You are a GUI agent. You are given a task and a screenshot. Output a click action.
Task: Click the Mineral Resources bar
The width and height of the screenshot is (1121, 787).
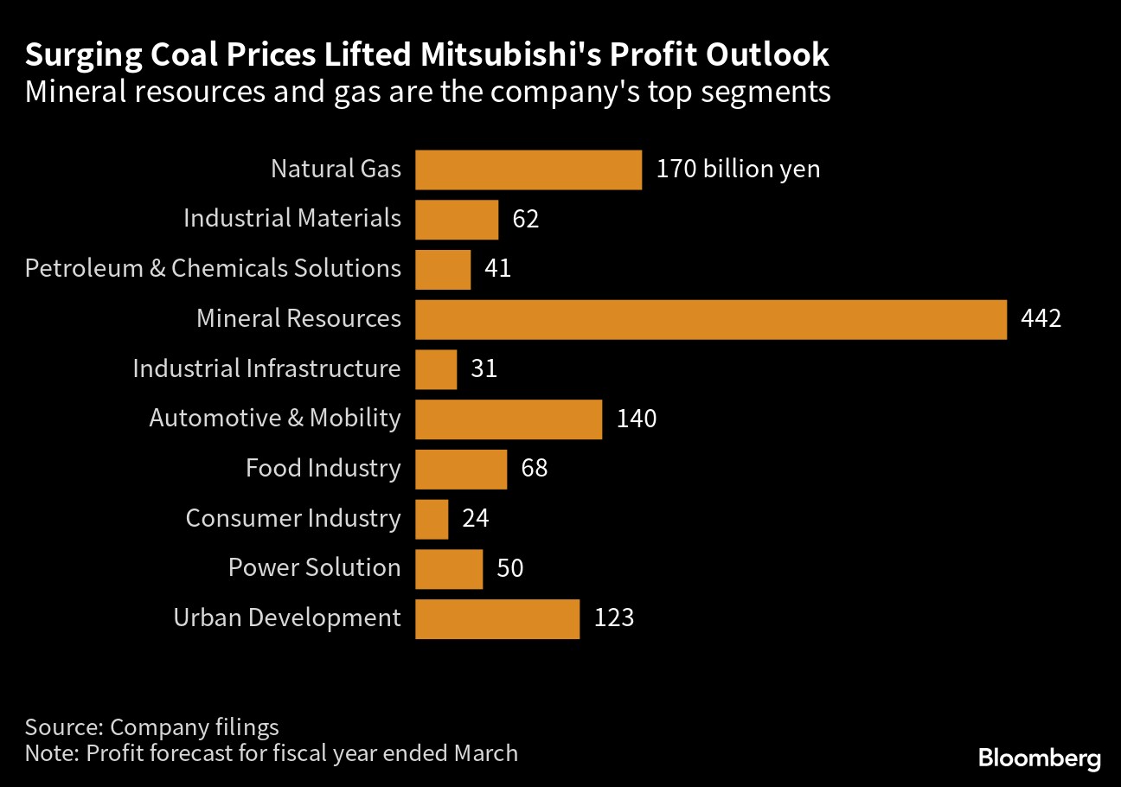click(x=710, y=319)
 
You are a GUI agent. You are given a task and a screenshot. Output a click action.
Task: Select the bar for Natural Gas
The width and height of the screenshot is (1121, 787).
click(x=528, y=170)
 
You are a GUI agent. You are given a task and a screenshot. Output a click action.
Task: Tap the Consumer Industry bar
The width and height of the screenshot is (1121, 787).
click(x=432, y=519)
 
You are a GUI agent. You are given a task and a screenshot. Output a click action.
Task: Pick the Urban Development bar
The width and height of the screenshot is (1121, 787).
click(x=496, y=619)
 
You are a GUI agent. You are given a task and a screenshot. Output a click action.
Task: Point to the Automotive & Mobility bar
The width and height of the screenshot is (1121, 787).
click(x=508, y=419)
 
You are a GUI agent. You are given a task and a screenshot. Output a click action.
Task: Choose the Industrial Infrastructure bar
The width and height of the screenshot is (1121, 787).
click(x=436, y=369)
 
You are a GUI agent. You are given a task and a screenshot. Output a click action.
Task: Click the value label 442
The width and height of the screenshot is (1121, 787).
click(x=1041, y=319)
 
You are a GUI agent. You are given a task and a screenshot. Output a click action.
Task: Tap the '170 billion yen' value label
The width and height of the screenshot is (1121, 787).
click(x=738, y=169)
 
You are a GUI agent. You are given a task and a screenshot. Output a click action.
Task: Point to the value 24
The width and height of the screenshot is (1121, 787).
click(x=476, y=519)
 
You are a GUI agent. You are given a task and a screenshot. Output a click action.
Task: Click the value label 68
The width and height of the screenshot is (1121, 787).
click(x=535, y=469)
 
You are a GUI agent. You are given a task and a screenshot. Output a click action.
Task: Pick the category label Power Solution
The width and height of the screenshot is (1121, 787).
click(x=314, y=568)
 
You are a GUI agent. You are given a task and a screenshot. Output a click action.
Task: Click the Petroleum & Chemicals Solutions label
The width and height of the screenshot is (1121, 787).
click(x=213, y=269)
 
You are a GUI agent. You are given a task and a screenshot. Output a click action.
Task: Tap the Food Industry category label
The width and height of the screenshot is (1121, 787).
click(x=323, y=469)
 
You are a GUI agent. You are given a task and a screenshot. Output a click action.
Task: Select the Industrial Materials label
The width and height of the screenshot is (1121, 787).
click(x=292, y=219)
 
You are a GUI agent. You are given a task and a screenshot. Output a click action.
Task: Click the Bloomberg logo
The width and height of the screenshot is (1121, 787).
click(x=1040, y=758)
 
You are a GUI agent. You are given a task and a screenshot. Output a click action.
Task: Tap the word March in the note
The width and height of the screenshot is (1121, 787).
click(x=485, y=753)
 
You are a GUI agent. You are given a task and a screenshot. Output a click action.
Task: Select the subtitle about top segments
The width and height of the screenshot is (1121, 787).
click(x=427, y=92)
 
